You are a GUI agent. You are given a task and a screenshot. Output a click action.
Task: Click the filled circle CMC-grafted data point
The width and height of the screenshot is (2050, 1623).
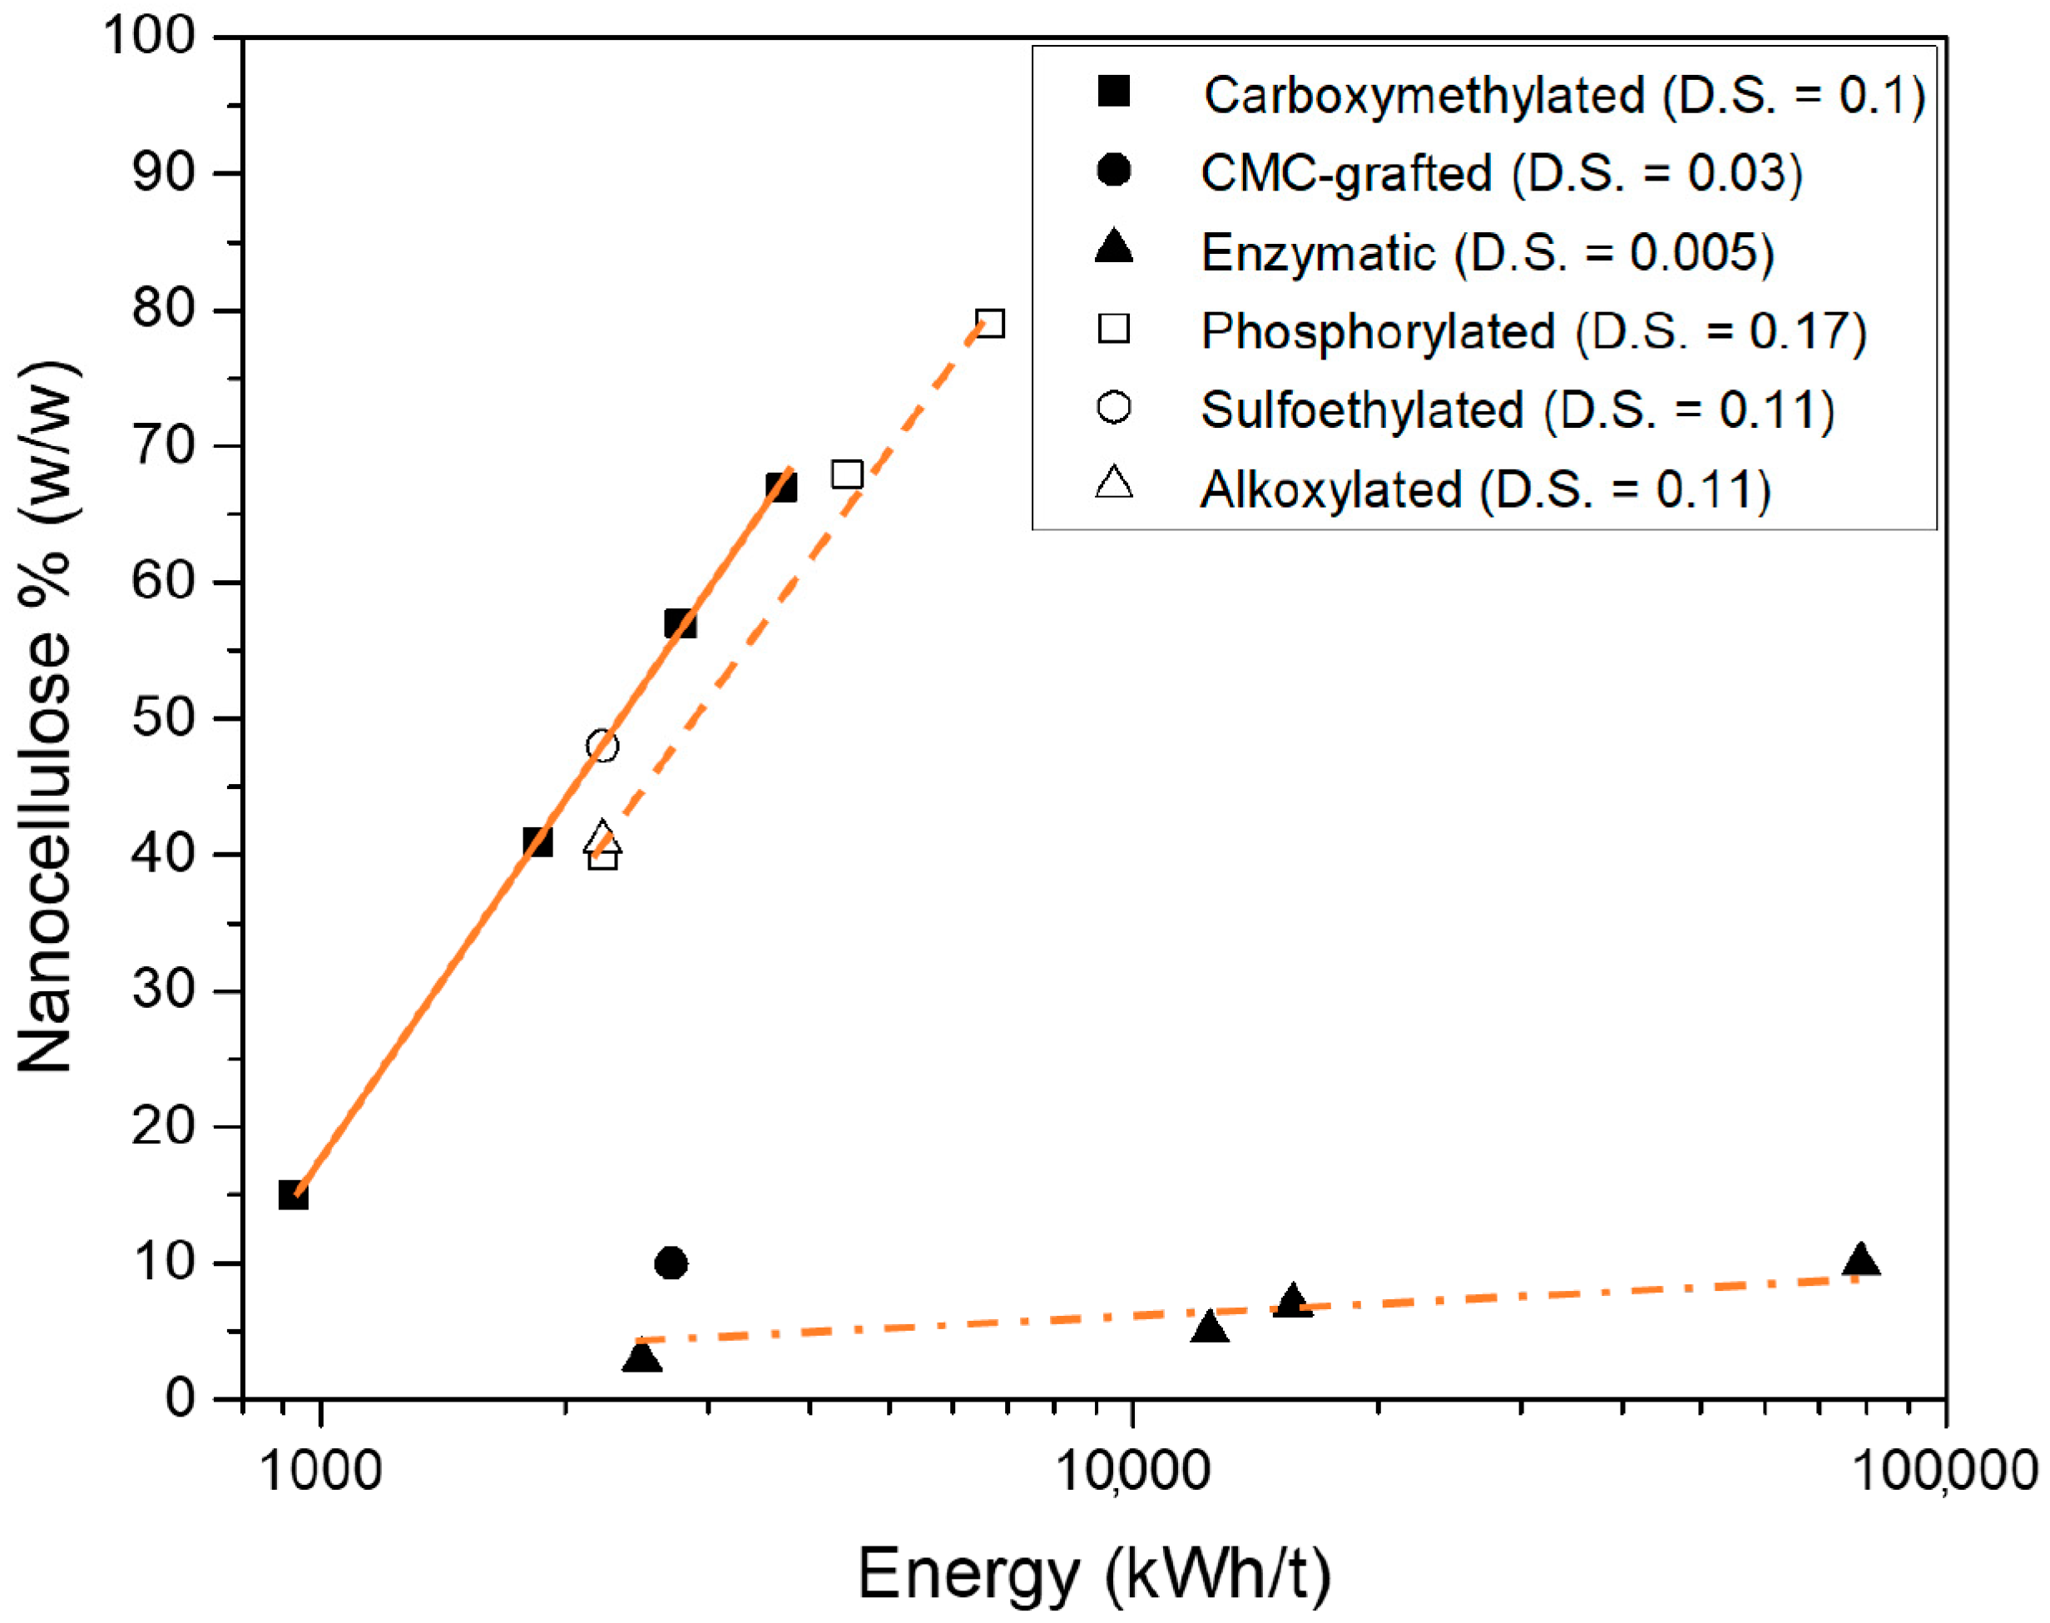coord(671,1263)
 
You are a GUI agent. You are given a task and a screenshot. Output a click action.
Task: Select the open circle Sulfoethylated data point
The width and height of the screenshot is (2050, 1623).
coord(602,746)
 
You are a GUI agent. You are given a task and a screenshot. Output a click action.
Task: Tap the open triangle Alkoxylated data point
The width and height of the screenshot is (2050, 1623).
coord(602,838)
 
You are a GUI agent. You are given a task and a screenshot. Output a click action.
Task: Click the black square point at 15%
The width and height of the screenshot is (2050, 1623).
coord(294,1195)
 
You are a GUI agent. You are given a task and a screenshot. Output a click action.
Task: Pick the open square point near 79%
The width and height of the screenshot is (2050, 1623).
coord(990,324)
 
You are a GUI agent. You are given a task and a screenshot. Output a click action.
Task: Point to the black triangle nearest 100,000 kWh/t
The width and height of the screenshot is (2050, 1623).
coord(1860,1260)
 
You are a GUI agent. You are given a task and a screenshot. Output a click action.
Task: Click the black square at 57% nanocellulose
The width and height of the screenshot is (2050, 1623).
coord(681,624)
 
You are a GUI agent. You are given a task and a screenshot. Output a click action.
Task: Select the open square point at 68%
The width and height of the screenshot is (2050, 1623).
coord(846,474)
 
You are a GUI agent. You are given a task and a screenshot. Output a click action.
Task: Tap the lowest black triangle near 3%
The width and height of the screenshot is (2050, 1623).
coord(642,1357)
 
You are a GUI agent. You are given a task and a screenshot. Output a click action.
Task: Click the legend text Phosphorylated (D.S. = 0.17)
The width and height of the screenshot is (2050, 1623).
coord(1533,331)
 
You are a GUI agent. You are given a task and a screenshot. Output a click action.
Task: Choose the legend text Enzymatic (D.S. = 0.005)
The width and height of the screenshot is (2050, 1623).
coord(1487,253)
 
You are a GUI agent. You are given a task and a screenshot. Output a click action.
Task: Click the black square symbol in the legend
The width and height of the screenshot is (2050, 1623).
coord(1113,92)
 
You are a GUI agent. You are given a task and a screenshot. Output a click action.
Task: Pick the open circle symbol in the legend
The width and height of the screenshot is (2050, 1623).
coord(1113,408)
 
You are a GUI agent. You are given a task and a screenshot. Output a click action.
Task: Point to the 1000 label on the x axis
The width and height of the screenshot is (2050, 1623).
coord(320,1470)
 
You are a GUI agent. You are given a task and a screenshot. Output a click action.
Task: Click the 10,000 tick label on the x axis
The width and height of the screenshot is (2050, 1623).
coord(1132,1470)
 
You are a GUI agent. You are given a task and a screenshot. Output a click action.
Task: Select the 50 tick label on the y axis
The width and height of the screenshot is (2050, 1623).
coord(162,718)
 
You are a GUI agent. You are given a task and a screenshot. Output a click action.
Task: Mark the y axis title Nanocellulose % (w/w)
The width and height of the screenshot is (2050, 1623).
coord(46,717)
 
